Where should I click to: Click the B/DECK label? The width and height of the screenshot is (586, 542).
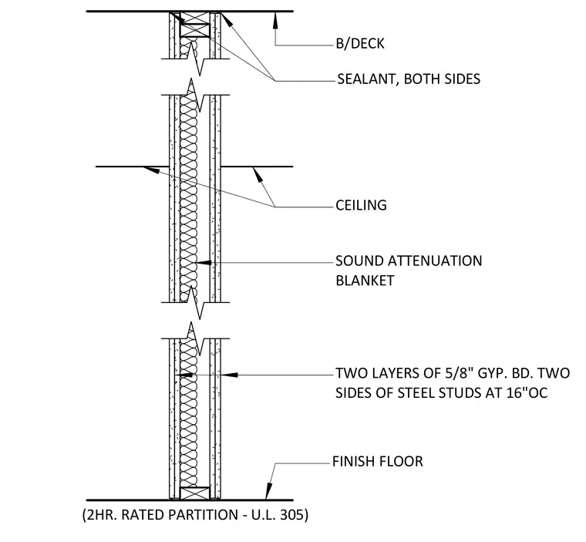360,44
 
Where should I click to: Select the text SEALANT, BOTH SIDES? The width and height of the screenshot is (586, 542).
409,79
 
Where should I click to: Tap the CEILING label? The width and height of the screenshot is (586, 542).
361,205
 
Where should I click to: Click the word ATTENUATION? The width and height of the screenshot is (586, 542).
435,261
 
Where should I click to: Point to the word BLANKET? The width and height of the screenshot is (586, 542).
365,281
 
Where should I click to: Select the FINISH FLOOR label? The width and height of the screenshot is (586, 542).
378,461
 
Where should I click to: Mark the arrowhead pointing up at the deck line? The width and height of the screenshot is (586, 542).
275,20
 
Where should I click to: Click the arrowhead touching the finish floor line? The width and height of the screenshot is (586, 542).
268,491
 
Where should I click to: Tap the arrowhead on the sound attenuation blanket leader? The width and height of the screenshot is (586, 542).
204,263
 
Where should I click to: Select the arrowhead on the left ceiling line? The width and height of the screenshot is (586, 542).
151,170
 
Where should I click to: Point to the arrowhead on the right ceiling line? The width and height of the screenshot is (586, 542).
258,175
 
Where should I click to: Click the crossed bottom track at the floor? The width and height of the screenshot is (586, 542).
195,493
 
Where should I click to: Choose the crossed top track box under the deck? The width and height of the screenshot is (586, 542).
195,30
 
